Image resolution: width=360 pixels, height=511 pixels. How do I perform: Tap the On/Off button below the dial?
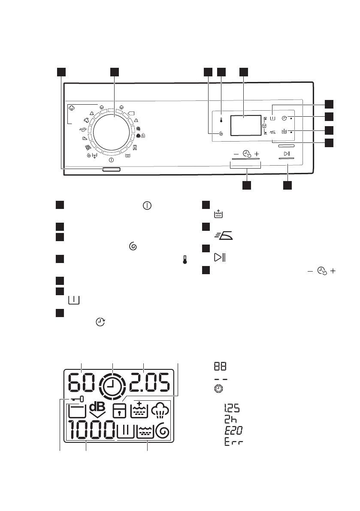point(111,170)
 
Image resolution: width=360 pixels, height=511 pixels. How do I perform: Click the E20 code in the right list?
point(233,429)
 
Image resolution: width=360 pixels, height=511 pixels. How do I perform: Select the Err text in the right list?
point(233,441)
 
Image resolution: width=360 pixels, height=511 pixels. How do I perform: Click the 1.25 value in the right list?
point(232,408)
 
